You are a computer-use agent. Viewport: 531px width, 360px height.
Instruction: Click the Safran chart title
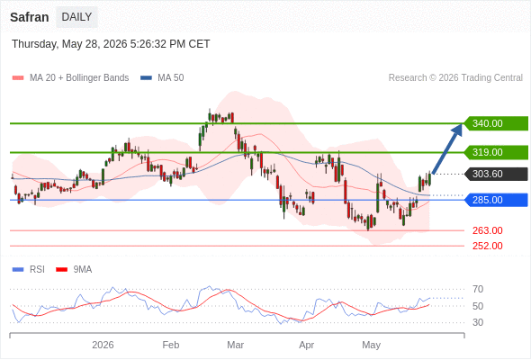pyautogui.click(x=30, y=17)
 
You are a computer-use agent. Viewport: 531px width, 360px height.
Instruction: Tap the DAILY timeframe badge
pyautogui.click(x=76, y=17)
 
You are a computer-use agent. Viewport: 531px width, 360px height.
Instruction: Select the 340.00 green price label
pyautogui.click(x=495, y=123)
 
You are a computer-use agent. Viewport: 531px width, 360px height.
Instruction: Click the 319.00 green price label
pyautogui.click(x=495, y=152)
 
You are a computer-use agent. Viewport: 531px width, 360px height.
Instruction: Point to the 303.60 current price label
pyautogui.click(x=495, y=174)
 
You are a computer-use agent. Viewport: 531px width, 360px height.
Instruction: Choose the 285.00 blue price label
pyautogui.click(x=495, y=200)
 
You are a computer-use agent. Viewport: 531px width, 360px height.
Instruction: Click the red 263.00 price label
pyautogui.click(x=487, y=230)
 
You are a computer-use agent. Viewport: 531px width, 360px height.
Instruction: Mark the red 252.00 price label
pyautogui.click(x=487, y=246)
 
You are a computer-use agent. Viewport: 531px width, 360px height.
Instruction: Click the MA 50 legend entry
pyautogui.click(x=162, y=78)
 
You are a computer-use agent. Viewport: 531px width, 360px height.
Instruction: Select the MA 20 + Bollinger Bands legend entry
pyautogui.click(x=70, y=78)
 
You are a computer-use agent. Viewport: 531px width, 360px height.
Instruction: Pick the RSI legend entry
pyautogui.click(x=29, y=270)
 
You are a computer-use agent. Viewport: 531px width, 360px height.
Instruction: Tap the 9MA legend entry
pyautogui.click(x=74, y=270)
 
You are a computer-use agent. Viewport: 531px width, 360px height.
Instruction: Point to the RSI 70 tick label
pyautogui.click(x=478, y=289)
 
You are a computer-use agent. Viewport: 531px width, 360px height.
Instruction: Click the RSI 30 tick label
pyautogui.click(x=478, y=322)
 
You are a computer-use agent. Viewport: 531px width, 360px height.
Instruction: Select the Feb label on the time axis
pyautogui.click(x=171, y=345)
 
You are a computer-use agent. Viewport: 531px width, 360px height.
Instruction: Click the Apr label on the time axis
pyautogui.click(x=307, y=345)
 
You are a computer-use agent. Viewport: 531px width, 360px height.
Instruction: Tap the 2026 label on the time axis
pyautogui.click(x=103, y=345)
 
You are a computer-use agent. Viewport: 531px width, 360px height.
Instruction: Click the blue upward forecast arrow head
pyautogui.click(x=457, y=130)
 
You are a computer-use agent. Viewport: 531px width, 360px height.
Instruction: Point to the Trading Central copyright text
pyautogui.click(x=455, y=78)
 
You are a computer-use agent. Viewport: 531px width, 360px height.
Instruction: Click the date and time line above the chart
pyautogui.click(x=111, y=44)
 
